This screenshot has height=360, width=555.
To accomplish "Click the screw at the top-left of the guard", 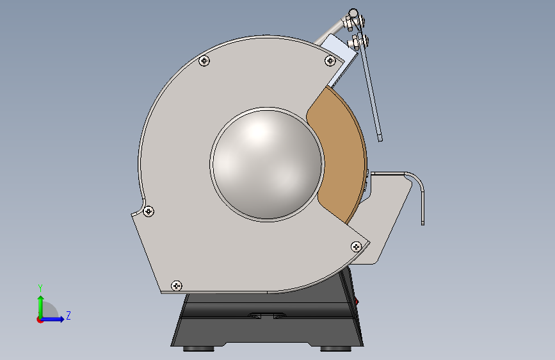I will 204,61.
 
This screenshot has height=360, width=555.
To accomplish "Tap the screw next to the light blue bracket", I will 330,61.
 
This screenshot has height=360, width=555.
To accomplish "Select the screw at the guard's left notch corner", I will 149,211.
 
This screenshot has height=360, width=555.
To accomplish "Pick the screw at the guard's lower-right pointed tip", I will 357,246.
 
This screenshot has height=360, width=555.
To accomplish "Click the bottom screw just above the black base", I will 177,285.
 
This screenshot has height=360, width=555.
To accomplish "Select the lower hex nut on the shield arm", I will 354,43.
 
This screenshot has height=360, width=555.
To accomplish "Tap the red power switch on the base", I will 357,300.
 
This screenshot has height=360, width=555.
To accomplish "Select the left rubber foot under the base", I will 199,348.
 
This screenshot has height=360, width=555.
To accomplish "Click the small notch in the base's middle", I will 268,315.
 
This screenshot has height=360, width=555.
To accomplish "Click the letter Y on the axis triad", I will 40,288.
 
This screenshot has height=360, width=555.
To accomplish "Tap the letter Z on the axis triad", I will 68,315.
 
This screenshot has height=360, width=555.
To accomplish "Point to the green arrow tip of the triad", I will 40,299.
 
